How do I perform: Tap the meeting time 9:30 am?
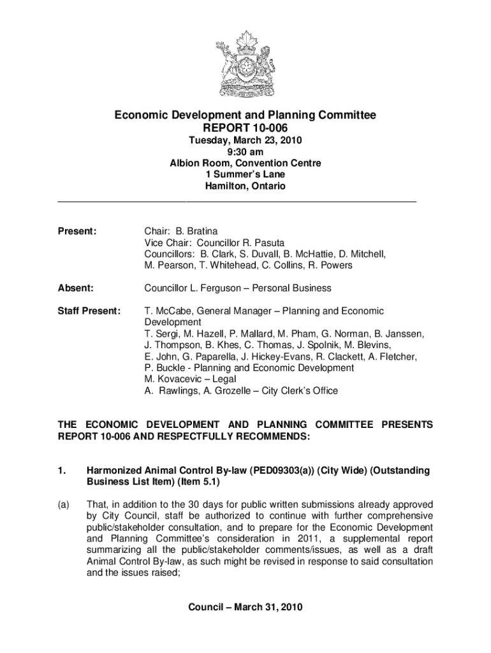[x=245, y=152]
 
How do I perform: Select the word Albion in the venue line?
[x=184, y=163]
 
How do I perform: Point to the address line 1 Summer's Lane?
[x=245, y=175]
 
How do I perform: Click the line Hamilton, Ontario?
[x=245, y=186]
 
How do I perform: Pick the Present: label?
[x=77, y=231]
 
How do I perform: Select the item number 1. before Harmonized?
[x=62, y=471]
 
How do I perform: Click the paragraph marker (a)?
[x=63, y=503]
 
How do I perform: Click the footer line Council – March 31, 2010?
[x=245, y=606]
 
